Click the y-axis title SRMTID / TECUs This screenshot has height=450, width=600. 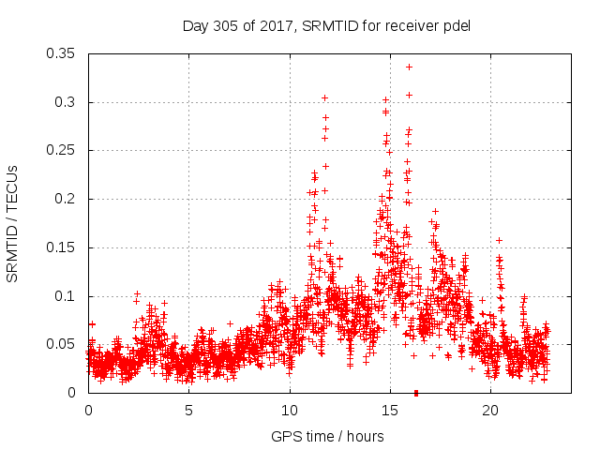(x=12, y=223)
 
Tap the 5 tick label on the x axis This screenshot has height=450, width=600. (x=188, y=411)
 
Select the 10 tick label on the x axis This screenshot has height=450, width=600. (x=290, y=411)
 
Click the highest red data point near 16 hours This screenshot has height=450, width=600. (x=409, y=67)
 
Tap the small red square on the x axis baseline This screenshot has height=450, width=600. (x=415, y=393)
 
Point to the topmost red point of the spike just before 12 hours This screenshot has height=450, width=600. (x=324, y=97)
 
